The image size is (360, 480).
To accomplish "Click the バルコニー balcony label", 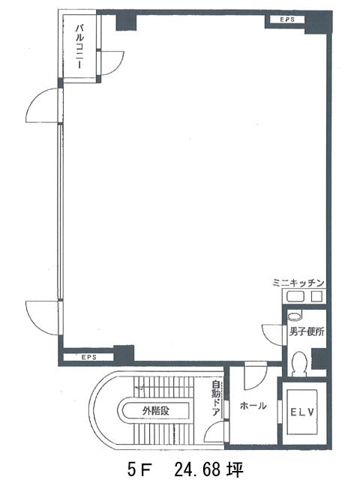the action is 79,46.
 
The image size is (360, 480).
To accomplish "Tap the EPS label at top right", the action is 287,19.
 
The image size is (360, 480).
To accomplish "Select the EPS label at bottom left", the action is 89,357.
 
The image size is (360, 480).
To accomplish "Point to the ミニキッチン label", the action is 298,283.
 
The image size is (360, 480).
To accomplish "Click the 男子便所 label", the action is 307,331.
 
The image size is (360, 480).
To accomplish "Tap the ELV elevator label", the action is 301,412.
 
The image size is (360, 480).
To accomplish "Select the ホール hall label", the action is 253,406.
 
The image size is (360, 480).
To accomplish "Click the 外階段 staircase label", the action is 155,410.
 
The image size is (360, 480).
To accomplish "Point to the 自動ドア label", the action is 216,398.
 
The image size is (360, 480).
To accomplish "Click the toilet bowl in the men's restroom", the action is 299,364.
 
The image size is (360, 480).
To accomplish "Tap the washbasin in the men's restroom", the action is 295,316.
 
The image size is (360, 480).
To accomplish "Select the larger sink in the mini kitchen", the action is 295,297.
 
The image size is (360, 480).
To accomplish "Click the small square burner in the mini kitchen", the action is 316,297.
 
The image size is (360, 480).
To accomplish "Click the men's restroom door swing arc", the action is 265,337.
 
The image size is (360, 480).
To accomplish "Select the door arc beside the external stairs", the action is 208,428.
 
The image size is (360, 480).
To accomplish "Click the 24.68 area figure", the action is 199,468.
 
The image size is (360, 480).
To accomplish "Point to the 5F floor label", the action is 139,468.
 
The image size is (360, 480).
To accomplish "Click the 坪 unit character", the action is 235,468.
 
